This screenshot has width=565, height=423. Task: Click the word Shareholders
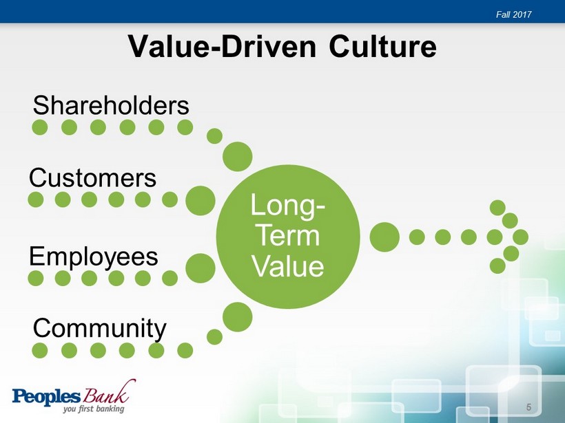pyautogui.click(x=111, y=105)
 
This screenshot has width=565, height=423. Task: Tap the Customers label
pyautogui.click(x=92, y=177)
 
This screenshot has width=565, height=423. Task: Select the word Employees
pyautogui.click(x=93, y=257)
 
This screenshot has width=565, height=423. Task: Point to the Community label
pyautogui.click(x=99, y=328)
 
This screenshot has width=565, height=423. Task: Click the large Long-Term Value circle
pyautogui.click(x=288, y=237)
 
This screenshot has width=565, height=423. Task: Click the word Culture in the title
pyautogui.click(x=382, y=46)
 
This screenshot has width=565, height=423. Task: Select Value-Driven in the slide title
pyautogui.click(x=222, y=46)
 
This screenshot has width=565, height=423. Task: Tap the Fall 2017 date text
pyautogui.click(x=513, y=14)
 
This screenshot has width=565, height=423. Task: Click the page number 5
pyautogui.click(x=528, y=407)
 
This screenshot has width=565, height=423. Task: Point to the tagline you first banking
pyautogui.click(x=94, y=409)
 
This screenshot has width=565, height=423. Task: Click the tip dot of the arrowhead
pyautogui.click(x=520, y=237)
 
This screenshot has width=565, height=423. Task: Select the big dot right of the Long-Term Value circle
pyautogui.click(x=384, y=237)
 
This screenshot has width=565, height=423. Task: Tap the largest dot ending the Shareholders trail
pyautogui.click(x=238, y=156)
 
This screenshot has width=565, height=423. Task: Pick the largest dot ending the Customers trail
pyautogui.click(x=201, y=201)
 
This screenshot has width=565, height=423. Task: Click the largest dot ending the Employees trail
pyautogui.click(x=201, y=268)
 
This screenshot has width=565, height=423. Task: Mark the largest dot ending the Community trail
pyautogui.click(x=238, y=317)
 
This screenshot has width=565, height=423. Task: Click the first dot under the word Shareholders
pyautogui.click(x=40, y=127)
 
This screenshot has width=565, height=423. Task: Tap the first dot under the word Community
pyautogui.click(x=40, y=350)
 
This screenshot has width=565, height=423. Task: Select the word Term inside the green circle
pyautogui.click(x=289, y=236)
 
